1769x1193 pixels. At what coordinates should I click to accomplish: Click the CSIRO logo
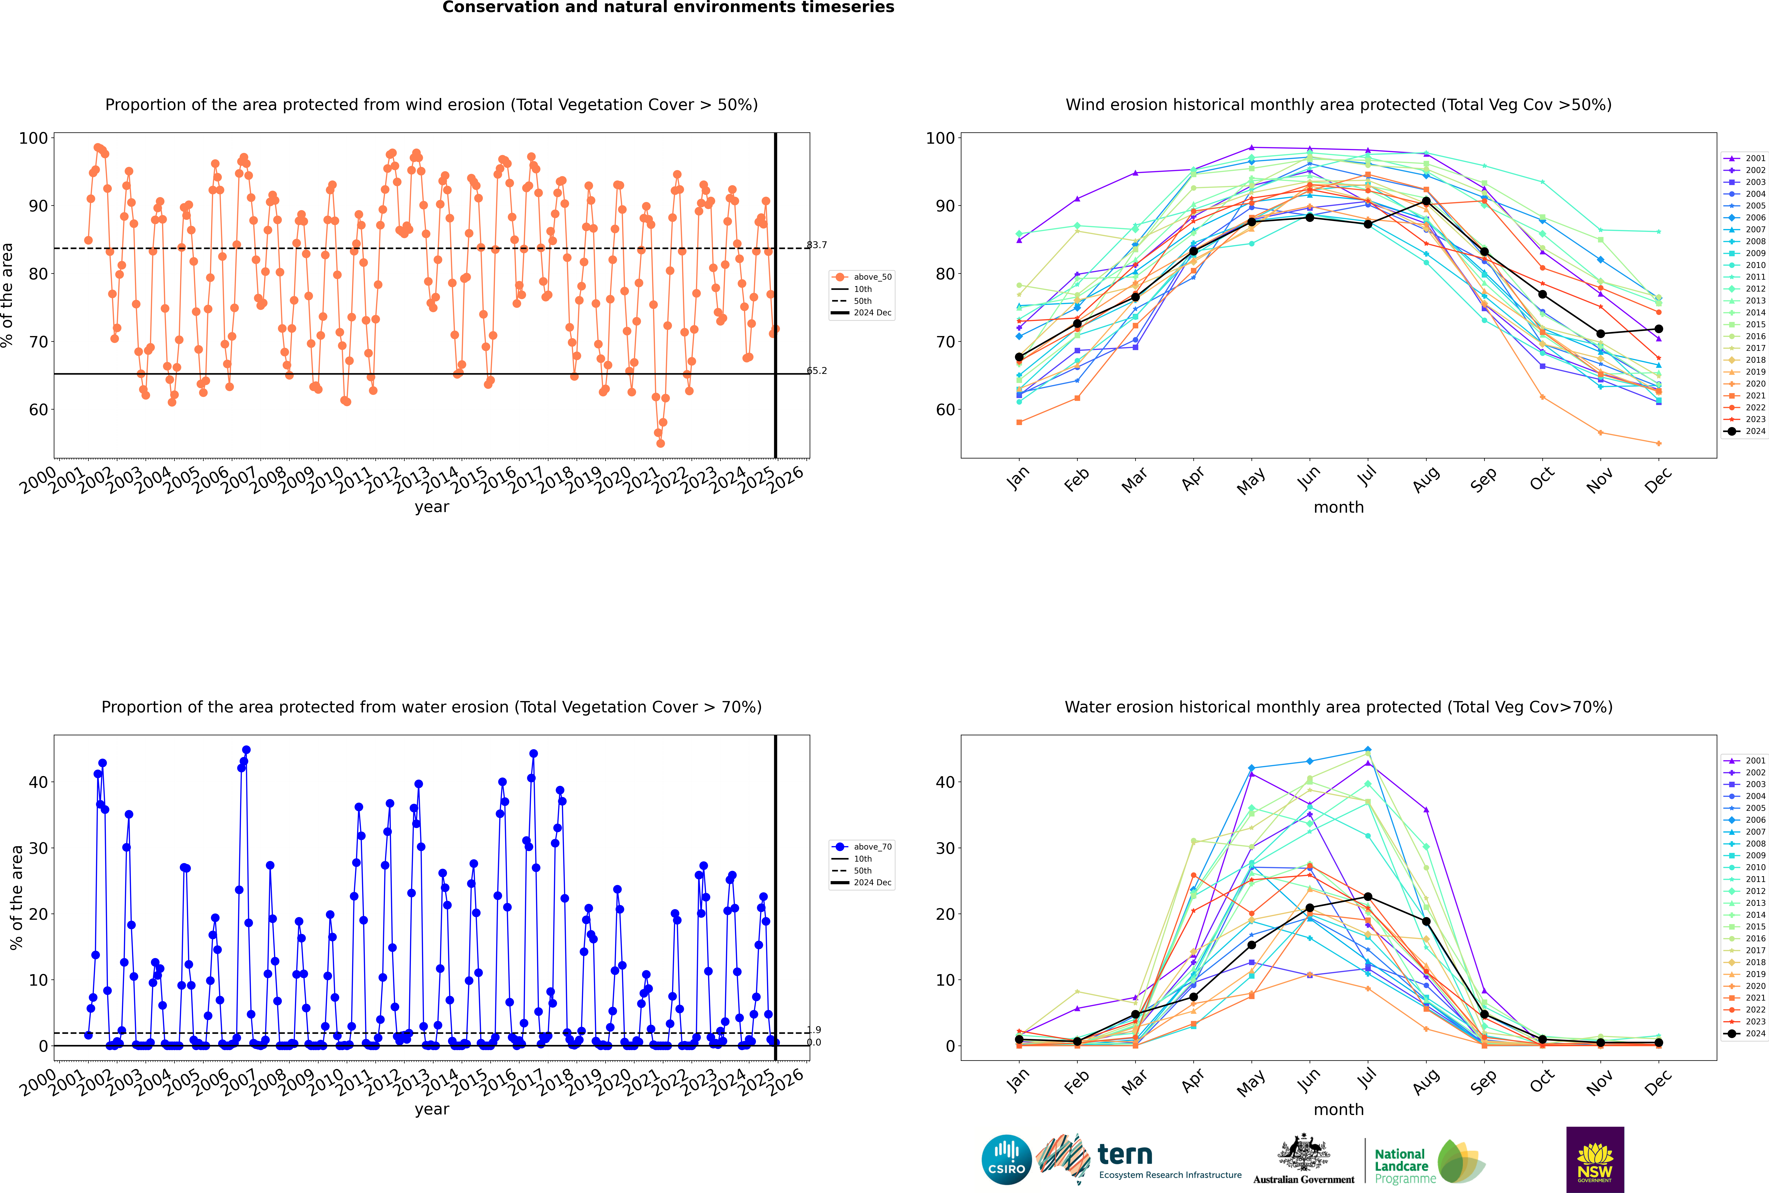[x=1006, y=1160]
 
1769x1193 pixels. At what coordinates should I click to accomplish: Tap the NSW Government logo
[x=1595, y=1160]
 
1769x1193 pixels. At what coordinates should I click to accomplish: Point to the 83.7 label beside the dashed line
[x=817, y=245]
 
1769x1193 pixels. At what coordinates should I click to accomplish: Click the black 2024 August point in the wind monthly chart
[x=1426, y=201]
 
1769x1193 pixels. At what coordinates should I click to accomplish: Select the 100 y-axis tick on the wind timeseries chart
[x=33, y=138]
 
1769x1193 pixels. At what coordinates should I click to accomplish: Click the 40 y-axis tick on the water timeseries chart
[x=38, y=782]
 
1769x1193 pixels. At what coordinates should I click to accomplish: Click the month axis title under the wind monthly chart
[x=1338, y=508]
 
